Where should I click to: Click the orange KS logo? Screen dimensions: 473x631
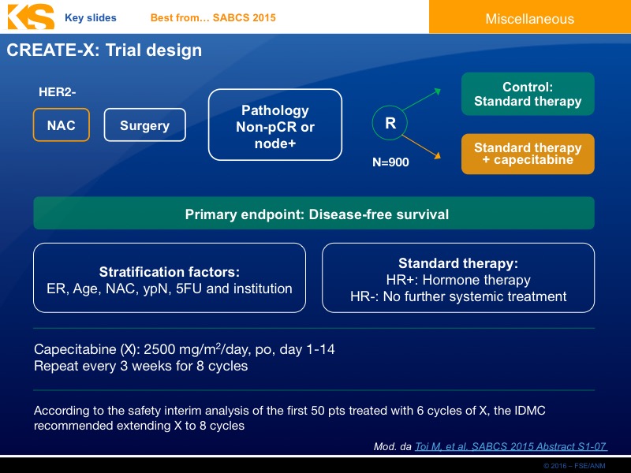[x=29, y=17]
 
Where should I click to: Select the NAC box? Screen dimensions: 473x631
[x=62, y=125]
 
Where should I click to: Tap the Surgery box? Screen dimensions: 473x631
[x=144, y=125]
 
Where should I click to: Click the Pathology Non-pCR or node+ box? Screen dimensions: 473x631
[x=274, y=125]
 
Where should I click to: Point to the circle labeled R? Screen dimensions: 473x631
[x=390, y=123]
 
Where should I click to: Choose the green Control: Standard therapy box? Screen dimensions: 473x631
[x=528, y=95]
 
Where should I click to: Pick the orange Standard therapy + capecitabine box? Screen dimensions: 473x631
[x=528, y=154]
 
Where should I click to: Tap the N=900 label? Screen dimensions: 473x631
[x=390, y=162]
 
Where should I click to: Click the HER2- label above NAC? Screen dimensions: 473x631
[x=58, y=92]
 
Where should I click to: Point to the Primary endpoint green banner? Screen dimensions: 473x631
[x=314, y=214]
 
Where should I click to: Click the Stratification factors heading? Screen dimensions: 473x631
[x=169, y=272]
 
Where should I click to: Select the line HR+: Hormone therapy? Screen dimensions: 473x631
[x=457, y=280]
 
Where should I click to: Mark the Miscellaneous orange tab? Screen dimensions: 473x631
[x=529, y=18]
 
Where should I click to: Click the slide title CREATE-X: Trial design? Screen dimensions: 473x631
[x=104, y=50]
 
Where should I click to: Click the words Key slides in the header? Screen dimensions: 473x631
[x=90, y=17]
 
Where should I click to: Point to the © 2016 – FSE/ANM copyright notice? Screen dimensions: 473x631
[x=579, y=467]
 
